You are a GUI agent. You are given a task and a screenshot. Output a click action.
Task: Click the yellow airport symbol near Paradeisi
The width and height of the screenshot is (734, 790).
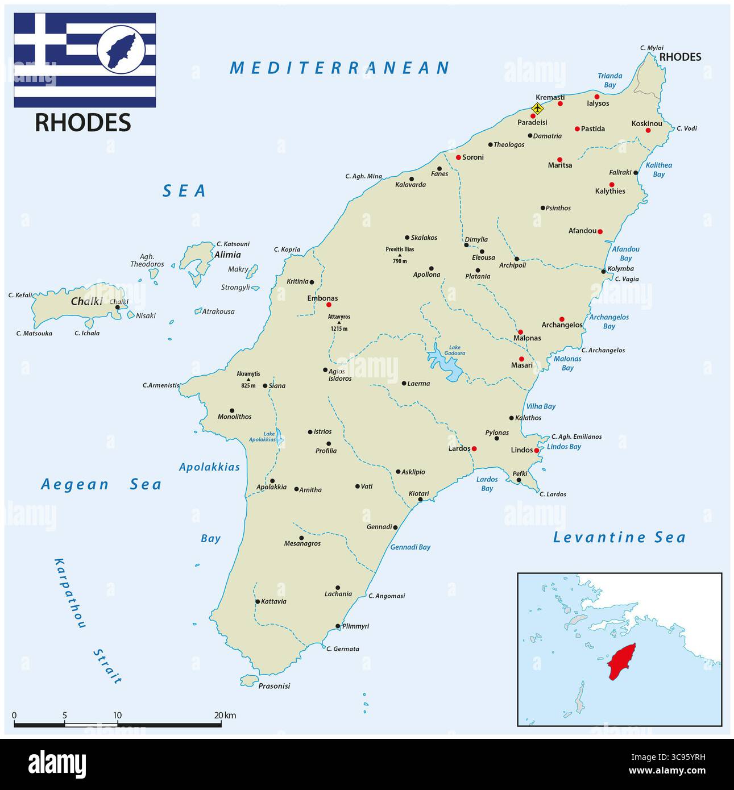point(537,108)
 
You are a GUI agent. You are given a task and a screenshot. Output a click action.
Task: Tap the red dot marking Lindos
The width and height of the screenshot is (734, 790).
point(536,450)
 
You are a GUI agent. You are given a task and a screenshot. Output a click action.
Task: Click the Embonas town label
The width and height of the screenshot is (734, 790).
point(322,298)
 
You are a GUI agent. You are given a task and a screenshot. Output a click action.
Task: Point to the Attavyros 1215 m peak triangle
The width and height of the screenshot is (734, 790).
point(339,323)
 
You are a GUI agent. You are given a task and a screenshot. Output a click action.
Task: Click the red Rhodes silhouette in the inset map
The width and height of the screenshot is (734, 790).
point(621,661)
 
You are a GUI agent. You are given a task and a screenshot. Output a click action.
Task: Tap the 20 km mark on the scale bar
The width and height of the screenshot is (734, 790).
point(221,725)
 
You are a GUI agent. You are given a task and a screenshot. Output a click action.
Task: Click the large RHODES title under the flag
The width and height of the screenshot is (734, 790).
point(83,123)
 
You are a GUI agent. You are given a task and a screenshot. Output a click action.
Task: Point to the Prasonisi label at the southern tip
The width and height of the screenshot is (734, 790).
point(274,686)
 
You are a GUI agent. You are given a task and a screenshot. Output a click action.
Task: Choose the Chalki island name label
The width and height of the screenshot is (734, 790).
point(86,302)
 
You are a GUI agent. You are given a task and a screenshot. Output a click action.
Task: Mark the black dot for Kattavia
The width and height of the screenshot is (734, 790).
point(258,601)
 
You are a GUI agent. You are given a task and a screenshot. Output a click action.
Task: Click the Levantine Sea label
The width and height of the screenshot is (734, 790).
point(619,538)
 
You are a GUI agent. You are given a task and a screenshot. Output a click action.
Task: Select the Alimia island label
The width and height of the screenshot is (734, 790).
point(227,255)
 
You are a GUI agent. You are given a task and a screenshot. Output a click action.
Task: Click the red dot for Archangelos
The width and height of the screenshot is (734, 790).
point(562,319)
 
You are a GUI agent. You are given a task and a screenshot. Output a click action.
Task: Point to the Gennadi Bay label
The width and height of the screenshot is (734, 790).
point(410,547)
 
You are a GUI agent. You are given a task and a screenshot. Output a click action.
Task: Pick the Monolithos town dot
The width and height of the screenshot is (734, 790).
point(232,410)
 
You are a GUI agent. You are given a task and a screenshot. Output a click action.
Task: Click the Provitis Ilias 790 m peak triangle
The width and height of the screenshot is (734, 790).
point(400,255)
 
